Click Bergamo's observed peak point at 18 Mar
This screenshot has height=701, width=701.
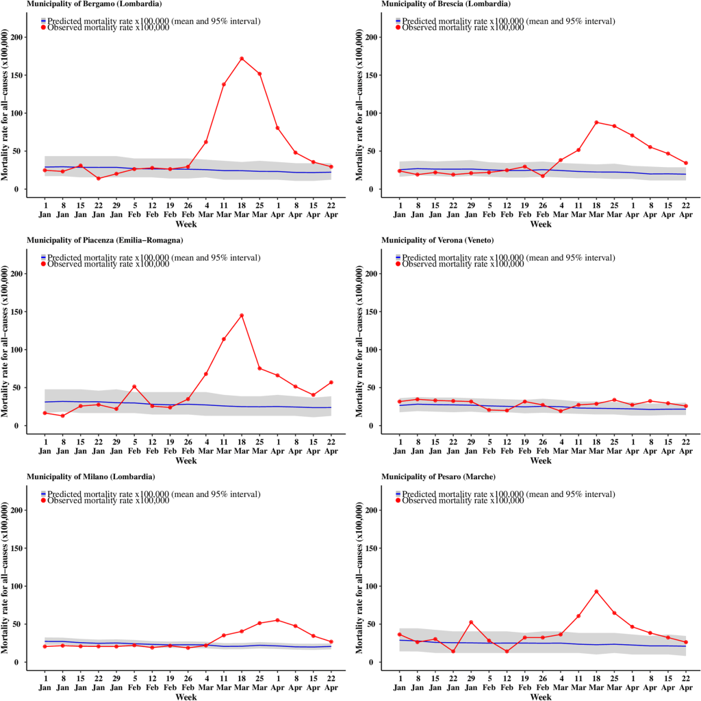[x=242, y=59]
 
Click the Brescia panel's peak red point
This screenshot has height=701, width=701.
[x=596, y=123]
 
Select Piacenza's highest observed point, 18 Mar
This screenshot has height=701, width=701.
[x=242, y=316]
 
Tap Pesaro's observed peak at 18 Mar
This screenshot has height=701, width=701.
[x=596, y=591]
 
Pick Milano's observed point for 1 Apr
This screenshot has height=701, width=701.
[x=277, y=620]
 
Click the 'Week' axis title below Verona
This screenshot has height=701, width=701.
[x=540, y=461]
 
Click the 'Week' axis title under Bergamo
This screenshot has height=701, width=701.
[x=186, y=224]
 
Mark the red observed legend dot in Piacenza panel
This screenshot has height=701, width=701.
[x=43, y=264]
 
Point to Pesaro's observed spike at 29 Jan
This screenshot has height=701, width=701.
[x=472, y=622]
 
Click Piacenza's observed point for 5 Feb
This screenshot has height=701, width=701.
[x=134, y=387]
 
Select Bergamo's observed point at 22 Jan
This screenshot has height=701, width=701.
[x=99, y=179]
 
